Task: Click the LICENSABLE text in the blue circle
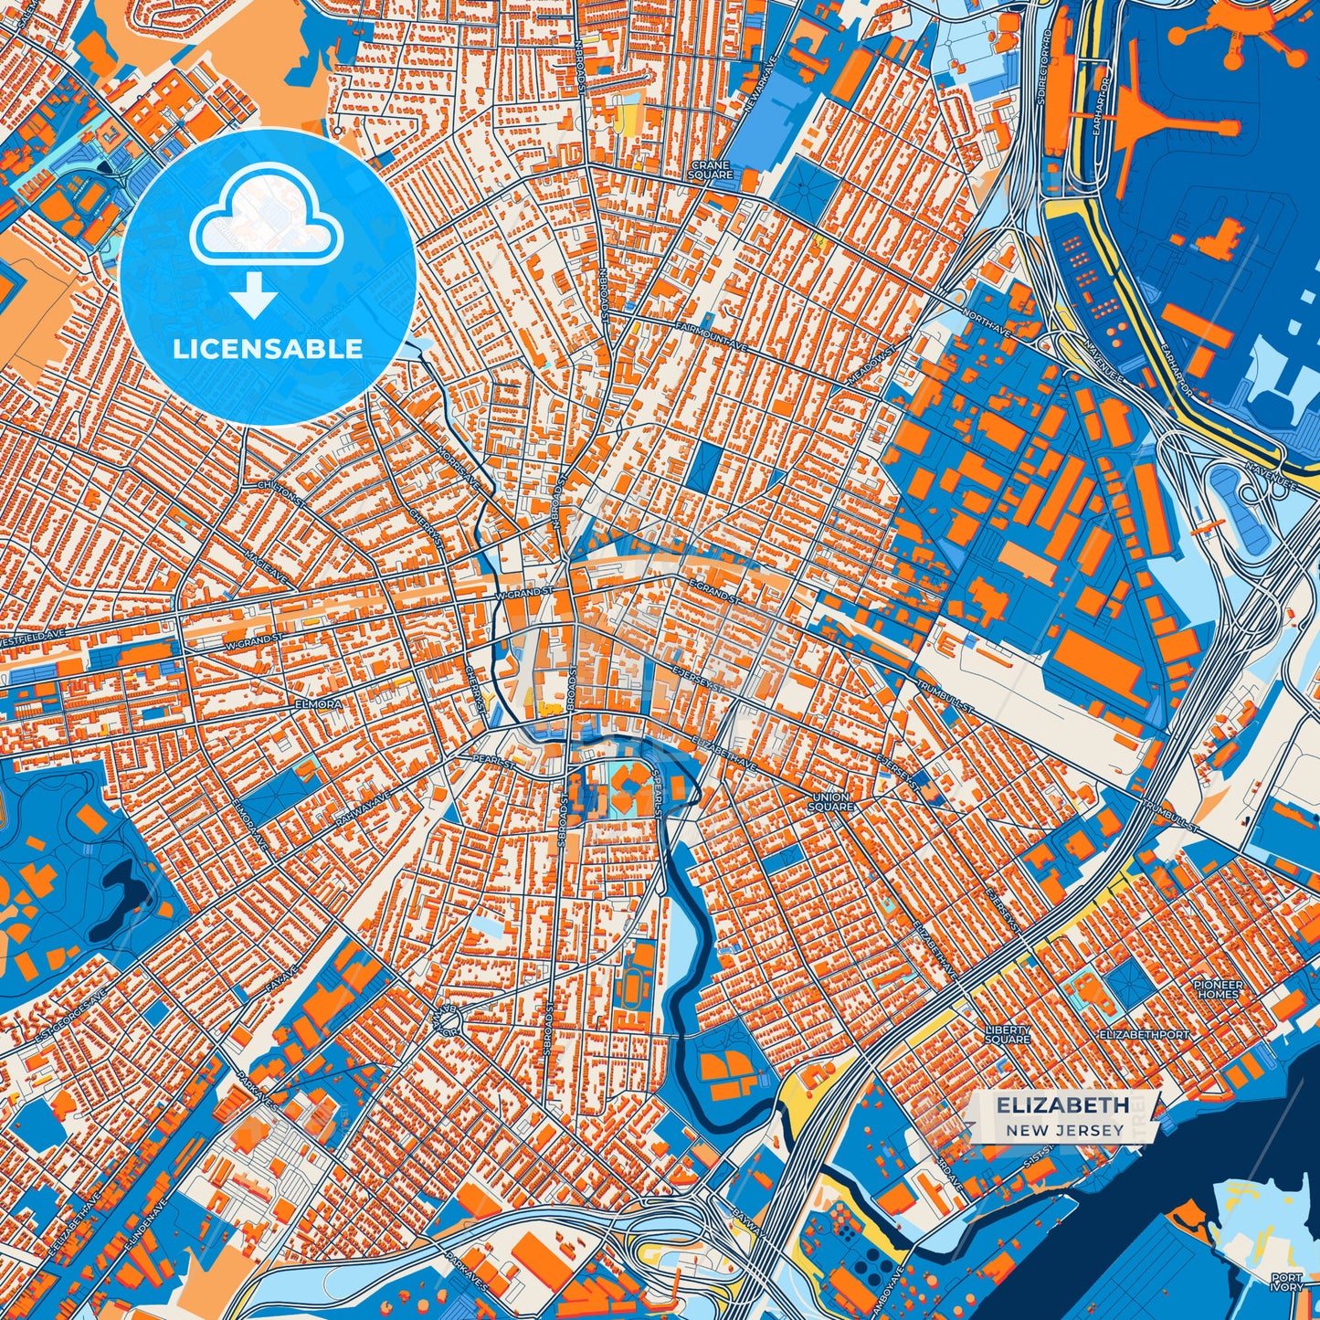268,349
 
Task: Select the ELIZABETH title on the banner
1062,1104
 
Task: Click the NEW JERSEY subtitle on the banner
1065,1130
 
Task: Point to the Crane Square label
711,170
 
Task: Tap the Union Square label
830,802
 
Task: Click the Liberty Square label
1008,1034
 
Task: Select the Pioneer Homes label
1219,989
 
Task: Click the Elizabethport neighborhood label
1145,1035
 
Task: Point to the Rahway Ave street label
356,809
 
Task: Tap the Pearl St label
493,760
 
